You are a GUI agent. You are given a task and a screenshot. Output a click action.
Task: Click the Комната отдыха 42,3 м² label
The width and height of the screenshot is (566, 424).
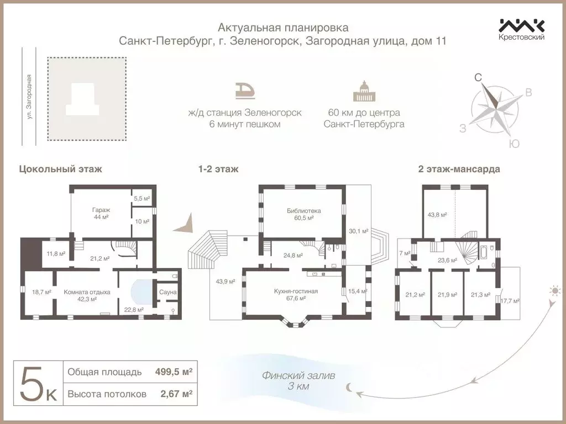pos(87,295)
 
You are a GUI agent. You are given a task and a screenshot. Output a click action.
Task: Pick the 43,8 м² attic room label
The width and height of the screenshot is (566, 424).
pos(437,214)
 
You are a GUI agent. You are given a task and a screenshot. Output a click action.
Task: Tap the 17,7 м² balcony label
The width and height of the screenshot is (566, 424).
pos(509,300)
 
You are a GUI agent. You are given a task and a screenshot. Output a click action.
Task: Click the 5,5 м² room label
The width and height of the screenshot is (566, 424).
pos(142,198)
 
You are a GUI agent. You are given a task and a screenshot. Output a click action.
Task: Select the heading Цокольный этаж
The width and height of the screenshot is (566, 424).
pos(60,169)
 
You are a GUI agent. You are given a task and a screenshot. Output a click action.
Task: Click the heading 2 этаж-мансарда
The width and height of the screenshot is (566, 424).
pos(459,169)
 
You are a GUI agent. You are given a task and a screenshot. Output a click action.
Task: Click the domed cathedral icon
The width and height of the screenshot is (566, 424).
pos(364,91)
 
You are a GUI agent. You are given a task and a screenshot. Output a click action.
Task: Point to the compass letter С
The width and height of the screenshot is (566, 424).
pos(478,78)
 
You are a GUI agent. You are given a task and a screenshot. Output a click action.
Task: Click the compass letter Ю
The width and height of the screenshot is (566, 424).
pos(513,144)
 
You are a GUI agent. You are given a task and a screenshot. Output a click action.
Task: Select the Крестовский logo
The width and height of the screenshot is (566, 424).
pos(522,29)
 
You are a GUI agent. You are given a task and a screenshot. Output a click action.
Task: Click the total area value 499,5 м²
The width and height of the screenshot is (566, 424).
pos(174,372)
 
